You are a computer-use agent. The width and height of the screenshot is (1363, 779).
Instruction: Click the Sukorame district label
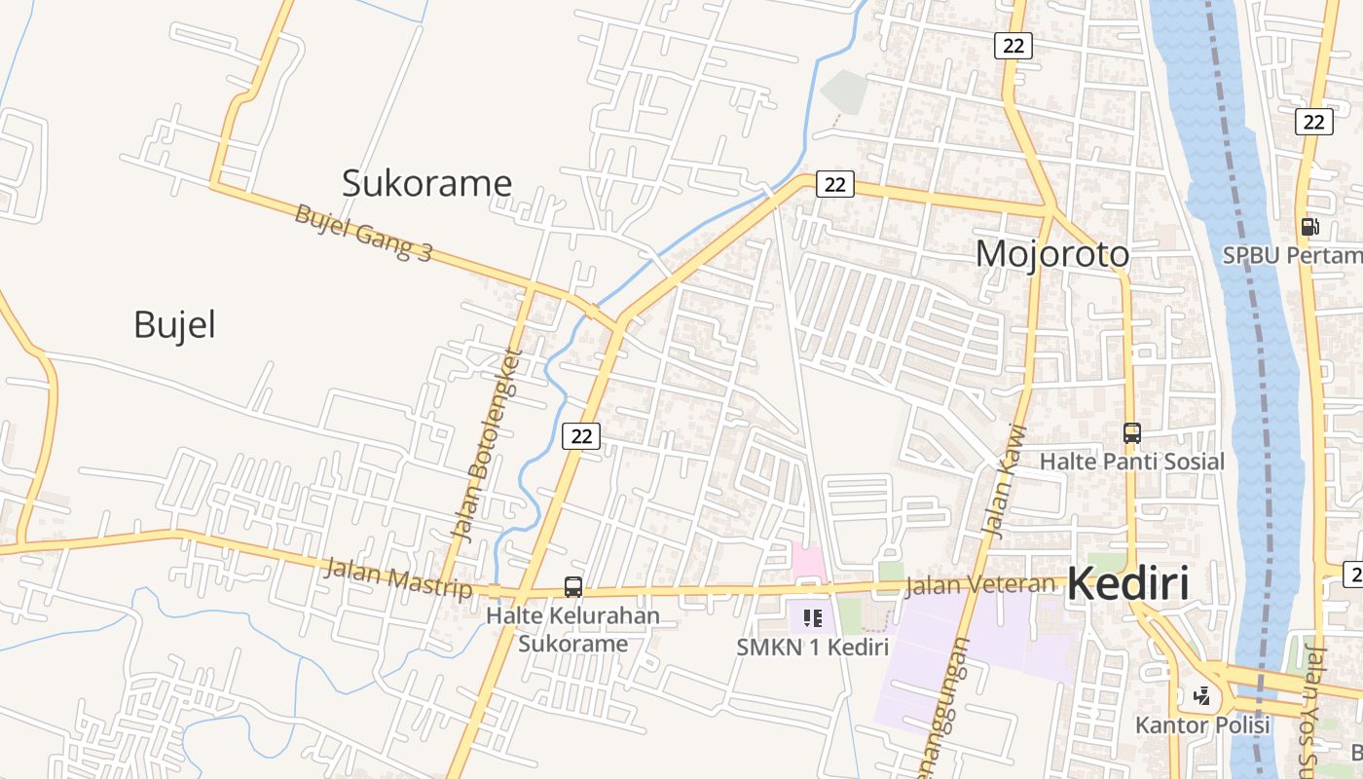click(426, 183)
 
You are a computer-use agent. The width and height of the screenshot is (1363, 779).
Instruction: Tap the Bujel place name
click(174, 325)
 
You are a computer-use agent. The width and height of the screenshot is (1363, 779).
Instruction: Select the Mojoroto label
click(1052, 254)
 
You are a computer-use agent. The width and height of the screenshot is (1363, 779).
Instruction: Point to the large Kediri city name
click(1128, 585)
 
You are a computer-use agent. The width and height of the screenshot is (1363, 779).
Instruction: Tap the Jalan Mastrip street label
click(397, 577)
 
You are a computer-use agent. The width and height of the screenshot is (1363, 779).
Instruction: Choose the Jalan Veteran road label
click(979, 585)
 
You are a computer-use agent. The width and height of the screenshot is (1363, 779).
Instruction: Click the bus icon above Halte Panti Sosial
click(1131, 433)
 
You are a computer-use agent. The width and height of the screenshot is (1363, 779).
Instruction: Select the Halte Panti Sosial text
click(1131, 462)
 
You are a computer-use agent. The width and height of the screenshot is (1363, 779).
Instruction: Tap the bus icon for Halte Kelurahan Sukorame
click(573, 587)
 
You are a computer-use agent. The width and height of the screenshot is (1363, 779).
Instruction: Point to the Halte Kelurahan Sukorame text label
click(572, 629)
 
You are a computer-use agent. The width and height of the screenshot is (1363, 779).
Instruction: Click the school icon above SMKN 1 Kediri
click(813, 617)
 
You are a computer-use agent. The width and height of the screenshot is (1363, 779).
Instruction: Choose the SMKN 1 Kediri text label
click(813, 648)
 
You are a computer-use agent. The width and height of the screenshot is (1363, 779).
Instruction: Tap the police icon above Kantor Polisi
click(1202, 696)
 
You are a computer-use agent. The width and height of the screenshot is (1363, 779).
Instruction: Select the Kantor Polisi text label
click(1202, 725)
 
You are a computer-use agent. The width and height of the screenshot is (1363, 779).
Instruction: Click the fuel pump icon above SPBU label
click(1310, 227)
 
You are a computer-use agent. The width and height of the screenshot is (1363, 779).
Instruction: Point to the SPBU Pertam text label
click(1292, 255)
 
